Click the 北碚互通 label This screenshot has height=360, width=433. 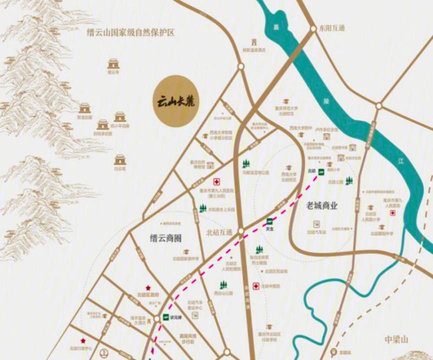[219, 232]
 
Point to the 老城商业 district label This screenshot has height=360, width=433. [322, 205]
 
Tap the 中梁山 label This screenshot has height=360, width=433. [397, 339]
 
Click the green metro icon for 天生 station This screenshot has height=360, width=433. [270, 221]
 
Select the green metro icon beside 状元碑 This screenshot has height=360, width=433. [166, 316]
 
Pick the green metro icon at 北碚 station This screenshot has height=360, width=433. [321, 171]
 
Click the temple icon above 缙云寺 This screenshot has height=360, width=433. [114, 63]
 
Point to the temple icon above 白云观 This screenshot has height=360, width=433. [119, 159]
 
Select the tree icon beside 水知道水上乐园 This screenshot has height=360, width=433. [202, 208]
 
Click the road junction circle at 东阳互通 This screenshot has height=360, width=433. [312, 28]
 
